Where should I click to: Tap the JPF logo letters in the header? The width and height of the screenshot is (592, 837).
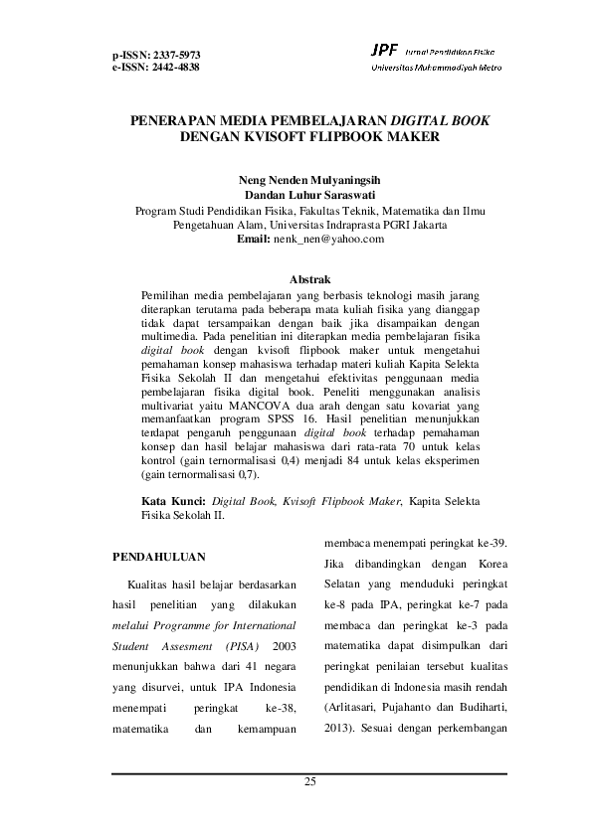pyautogui.click(x=384, y=50)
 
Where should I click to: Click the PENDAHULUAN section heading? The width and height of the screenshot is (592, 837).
pyautogui.click(x=158, y=553)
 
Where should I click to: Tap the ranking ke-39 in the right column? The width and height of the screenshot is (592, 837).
pyautogui.click(x=489, y=543)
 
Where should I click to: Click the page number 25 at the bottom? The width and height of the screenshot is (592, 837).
pyautogui.click(x=309, y=784)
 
